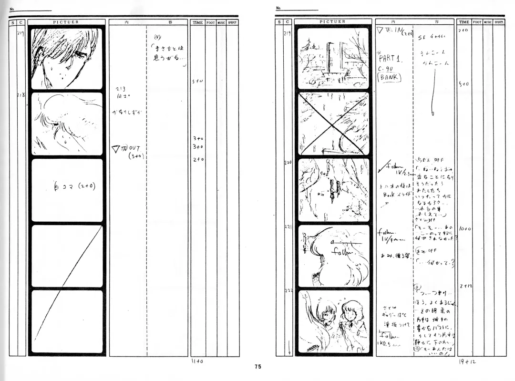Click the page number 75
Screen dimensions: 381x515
pos(257,367)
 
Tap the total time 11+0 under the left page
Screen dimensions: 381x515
pos(197,362)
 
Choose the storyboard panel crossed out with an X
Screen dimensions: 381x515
pos(333,123)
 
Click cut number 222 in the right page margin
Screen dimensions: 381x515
pos(288,292)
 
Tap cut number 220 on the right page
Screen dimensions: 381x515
pos(288,163)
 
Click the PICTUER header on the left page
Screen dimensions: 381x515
pos(66,22)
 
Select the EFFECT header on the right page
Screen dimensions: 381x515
pos(499,22)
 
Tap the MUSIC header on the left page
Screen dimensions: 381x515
pos(221,22)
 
